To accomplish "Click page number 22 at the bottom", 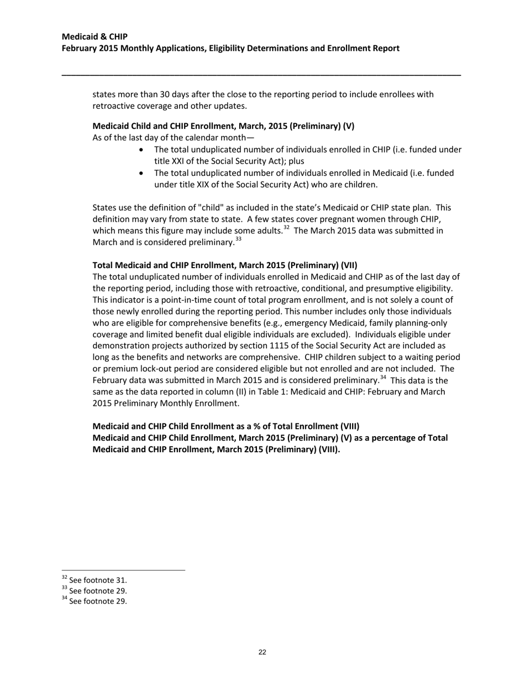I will tap(262, 652).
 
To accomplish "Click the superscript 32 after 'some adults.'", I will tap(286, 227).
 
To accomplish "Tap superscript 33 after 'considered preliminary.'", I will tap(238, 239).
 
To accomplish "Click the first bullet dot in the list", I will tap(143, 150).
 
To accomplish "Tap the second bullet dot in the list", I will tap(143, 173).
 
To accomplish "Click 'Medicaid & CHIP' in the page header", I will tap(95, 36).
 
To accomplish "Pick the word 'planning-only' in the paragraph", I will tap(422, 323).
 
